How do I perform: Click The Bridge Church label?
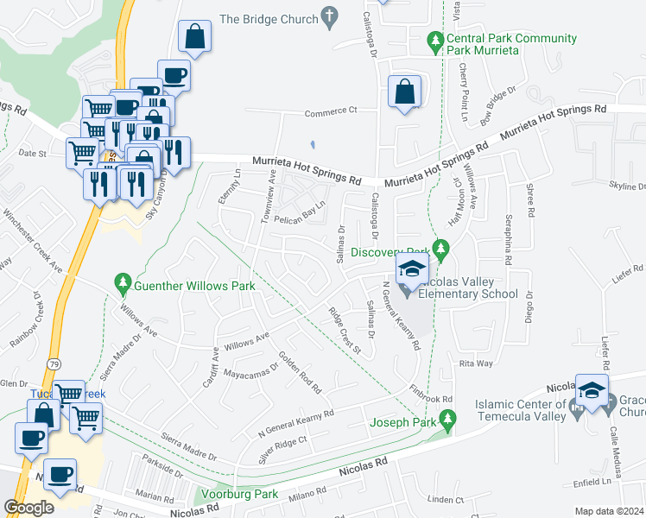click(x=269, y=18)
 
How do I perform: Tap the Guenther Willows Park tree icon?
click(x=122, y=282)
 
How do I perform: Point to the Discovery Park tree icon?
click(x=441, y=252)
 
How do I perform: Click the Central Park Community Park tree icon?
click(x=436, y=39)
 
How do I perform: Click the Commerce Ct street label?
click(x=331, y=111)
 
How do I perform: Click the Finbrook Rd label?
click(x=432, y=394)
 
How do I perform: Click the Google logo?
click(x=28, y=507)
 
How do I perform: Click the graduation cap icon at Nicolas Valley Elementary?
click(x=412, y=268)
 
